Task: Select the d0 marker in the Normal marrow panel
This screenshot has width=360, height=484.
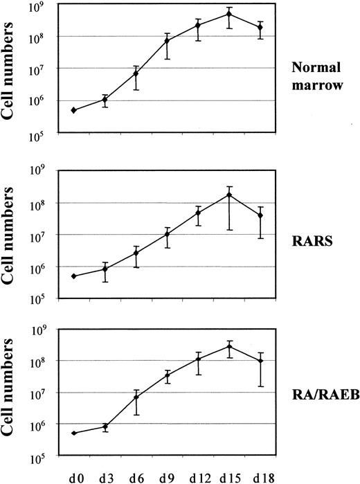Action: tap(73, 110)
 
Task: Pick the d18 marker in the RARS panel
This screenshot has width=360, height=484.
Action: tap(260, 215)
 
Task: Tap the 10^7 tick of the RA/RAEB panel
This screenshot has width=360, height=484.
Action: tap(48, 394)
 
